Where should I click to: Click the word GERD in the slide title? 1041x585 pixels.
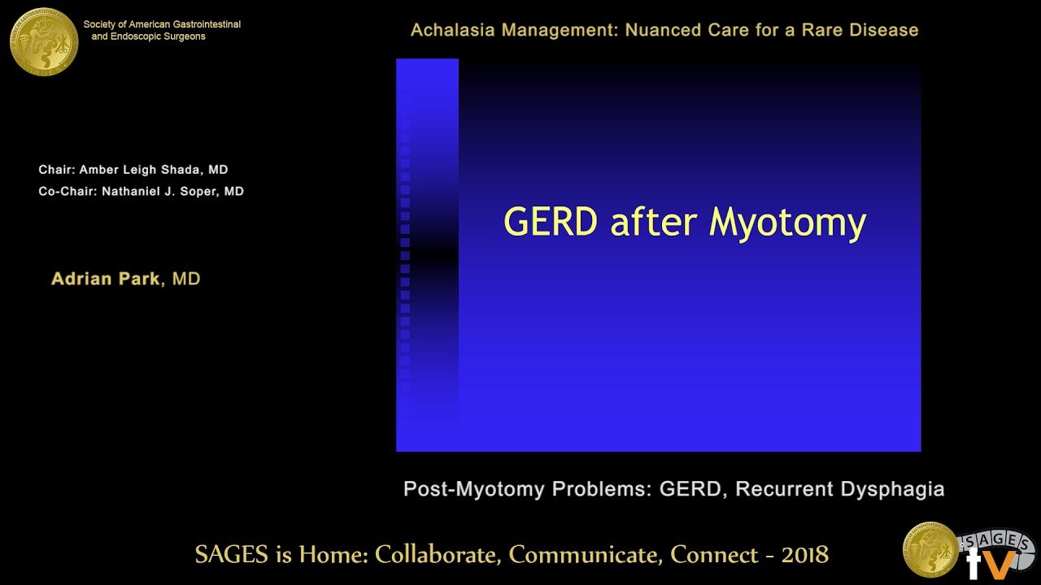pos(551,221)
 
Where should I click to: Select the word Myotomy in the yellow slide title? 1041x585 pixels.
pos(787,223)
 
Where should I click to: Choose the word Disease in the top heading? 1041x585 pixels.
pos(882,30)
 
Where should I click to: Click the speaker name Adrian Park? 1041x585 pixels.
pos(106,279)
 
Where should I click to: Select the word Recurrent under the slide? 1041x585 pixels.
pos(784,489)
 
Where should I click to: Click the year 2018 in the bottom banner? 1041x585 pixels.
pos(804,554)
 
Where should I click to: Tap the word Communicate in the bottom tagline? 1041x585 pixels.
pos(586,554)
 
